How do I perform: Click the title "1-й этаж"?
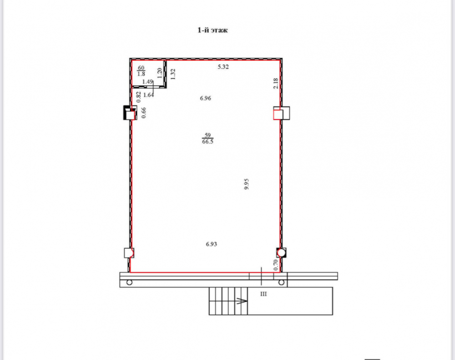coord(212,30)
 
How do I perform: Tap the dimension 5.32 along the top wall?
coord(223,67)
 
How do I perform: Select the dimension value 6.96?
coord(206,98)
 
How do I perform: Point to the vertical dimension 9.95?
coord(246,184)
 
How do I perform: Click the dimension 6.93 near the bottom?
coord(212,244)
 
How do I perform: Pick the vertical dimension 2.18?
coord(276,84)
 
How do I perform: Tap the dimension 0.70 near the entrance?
coord(276,265)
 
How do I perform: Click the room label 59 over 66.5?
coord(208,138)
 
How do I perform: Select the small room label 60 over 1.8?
coord(141,71)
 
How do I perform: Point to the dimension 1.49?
coord(147,82)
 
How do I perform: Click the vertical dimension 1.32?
coord(173,74)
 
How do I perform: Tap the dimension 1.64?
coord(149,95)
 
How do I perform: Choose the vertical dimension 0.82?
coord(138,97)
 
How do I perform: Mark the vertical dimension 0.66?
coord(143,113)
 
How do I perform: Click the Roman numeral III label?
coord(263,294)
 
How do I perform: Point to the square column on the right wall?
coord(282,113)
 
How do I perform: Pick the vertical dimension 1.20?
coord(159,73)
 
